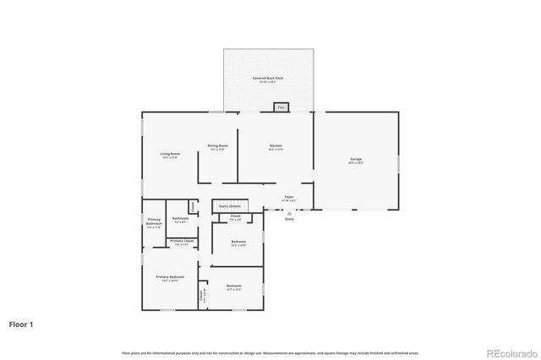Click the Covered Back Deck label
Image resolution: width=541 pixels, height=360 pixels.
coord(268,79)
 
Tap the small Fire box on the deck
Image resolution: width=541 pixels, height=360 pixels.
coord(281,107)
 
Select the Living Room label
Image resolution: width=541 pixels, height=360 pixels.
coord(170,155)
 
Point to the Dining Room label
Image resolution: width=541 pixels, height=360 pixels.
coord(218,147)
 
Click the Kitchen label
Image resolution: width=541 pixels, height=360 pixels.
coord(276,147)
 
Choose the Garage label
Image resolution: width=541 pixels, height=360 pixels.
coord(356,161)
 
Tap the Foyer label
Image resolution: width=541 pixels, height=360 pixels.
coord(289,198)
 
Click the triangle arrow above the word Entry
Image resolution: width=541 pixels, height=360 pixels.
coord(289,214)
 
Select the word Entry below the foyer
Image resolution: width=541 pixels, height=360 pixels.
coord(289,220)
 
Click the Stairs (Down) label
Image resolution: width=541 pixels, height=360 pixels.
coord(229,205)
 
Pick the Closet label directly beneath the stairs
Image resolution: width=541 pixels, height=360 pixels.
coord(235,218)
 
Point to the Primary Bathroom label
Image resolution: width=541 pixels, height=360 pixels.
coord(154,223)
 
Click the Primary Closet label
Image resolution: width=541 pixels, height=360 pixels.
coord(181,243)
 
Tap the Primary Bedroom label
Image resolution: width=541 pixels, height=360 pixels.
coord(170,278)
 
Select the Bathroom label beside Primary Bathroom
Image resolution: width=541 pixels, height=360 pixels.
coord(180,220)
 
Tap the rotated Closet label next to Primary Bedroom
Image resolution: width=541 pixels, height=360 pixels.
coord(202,297)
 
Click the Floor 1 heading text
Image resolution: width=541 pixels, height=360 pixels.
coord(21,324)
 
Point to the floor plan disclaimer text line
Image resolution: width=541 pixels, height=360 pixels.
coord(270,352)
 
